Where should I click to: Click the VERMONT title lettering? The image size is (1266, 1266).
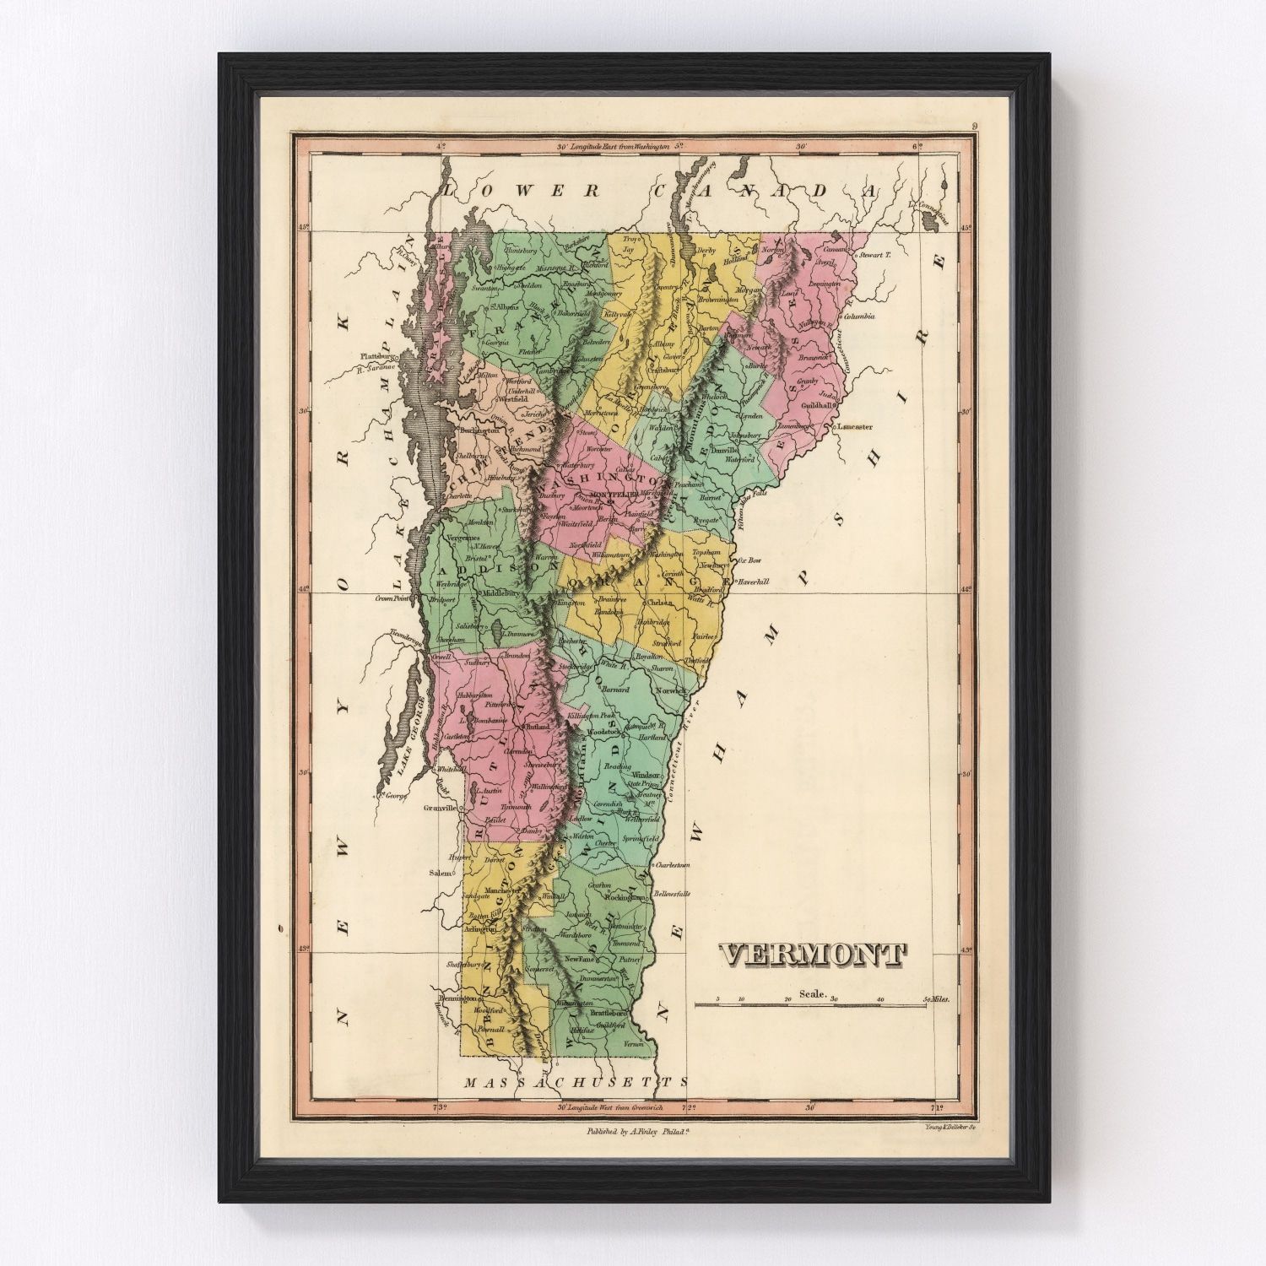(812, 955)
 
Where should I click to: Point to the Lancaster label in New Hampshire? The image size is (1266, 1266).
(854, 427)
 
